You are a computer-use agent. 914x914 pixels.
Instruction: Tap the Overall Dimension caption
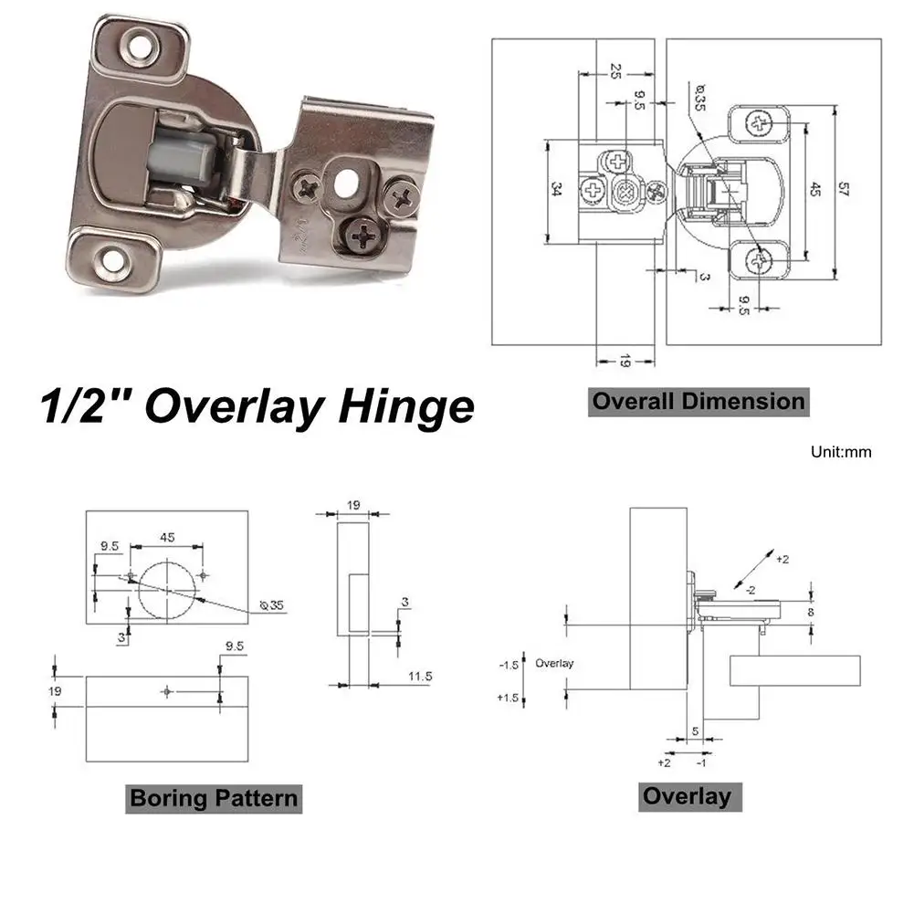pos(699,401)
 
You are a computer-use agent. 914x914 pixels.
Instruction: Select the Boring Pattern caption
pos(214,797)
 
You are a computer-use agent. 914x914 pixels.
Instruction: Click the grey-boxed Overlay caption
pos(687,795)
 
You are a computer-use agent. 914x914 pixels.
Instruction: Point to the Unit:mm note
pos(841,451)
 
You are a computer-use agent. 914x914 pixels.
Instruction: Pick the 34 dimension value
pos(556,191)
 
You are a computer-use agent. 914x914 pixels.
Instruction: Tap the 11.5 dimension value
pos(420,677)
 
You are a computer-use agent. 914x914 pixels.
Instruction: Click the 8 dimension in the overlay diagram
pos(811,612)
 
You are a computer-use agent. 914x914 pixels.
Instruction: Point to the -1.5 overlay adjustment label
pos(509,665)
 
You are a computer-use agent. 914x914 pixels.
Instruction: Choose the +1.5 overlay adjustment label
pos(509,698)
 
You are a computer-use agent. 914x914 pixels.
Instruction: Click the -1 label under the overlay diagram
pos(701,762)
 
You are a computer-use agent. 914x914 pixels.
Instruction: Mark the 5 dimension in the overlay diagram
pos(695,731)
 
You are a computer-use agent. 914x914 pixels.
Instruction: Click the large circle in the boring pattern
pos(167,589)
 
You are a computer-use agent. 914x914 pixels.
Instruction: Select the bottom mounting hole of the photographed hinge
pos(114,261)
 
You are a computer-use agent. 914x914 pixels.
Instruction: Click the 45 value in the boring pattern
pos(167,537)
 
